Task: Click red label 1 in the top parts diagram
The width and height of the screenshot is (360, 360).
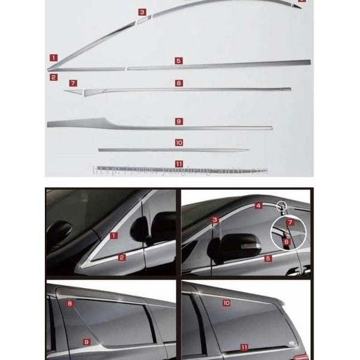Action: click(x=54, y=58)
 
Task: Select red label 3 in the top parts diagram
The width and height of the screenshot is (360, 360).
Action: click(x=142, y=12)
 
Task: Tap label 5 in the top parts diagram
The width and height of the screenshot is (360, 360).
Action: click(x=178, y=61)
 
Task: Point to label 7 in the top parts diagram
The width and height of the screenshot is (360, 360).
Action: click(x=73, y=83)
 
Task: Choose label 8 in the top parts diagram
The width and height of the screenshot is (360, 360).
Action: click(x=178, y=83)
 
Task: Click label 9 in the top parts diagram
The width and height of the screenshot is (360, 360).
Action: click(x=178, y=121)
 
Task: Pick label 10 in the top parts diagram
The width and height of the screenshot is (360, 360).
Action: click(x=178, y=142)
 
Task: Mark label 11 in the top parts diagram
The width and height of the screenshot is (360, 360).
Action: click(x=178, y=163)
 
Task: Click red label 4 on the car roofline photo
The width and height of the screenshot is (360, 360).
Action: click(x=258, y=206)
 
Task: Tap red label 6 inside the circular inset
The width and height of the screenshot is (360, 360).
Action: click(x=286, y=242)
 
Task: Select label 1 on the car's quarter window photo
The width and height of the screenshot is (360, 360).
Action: click(x=114, y=236)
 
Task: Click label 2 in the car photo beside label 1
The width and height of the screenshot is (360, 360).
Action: click(x=121, y=257)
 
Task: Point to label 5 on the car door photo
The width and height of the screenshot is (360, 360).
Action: click(x=267, y=258)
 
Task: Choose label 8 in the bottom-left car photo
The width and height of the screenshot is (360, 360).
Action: click(x=70, y=304)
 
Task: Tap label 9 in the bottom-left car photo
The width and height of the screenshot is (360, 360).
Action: click(x=86, y=341)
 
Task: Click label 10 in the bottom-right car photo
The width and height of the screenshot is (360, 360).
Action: click(x=226, y=303)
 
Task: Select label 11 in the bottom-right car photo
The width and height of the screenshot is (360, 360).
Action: click(x=244, y=347)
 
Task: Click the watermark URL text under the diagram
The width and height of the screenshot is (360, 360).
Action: click(x=179, y=170)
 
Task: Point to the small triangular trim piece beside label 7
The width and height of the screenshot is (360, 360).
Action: click(x=75, y=92)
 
